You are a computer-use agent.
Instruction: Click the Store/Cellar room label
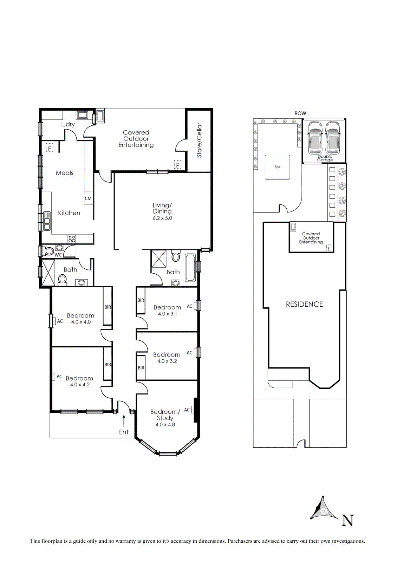click(x=199, y=140)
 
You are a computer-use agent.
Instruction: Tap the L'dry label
click(x=68, y=124)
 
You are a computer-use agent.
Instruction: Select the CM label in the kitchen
click(x=88, y=198)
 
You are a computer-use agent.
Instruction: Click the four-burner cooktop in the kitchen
click(x=72, y=238)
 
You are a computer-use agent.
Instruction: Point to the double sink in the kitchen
click(x=47, y=221)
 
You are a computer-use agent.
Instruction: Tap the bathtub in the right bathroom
click(x=190, y=268)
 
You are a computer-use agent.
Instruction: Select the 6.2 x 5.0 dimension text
click(x=162, y=218)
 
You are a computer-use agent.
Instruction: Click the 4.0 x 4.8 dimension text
click(x=165, y=425)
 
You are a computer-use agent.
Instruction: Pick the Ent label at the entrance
click(x=124, y=432)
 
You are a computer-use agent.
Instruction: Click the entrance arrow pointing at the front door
click(x=124, y=421)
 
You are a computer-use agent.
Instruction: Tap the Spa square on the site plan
click(x=278, y=167)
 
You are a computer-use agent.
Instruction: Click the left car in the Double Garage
click(x=315, y=137)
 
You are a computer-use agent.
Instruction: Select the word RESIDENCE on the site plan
click(x=304, y=304)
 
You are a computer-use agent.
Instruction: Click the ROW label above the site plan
click(x=300, y=113)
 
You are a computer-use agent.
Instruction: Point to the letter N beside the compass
click(x=347, y=520)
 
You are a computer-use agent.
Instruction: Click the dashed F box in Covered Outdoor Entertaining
click(x=178, y=165)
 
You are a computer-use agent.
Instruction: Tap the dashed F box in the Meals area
click(x=50, y=148)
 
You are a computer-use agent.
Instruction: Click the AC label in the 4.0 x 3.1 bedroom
click(x=189, y=306)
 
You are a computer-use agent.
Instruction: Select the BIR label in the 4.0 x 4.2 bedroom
click(x=108, y=365)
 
